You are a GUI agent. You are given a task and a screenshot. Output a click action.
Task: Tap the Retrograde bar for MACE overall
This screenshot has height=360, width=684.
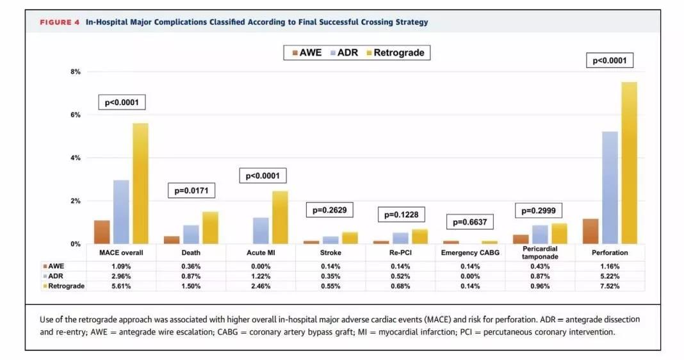(x=140, y=183)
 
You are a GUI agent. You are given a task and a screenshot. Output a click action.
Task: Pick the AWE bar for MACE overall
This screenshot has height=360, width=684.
(x=102, y=232)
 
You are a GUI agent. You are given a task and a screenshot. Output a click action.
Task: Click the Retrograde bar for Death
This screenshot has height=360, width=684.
(x=210, y=227)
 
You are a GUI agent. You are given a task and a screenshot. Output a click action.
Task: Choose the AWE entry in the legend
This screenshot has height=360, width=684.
(x=307, y=53)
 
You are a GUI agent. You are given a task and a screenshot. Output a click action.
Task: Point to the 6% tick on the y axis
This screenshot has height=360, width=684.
(x=76, y=115)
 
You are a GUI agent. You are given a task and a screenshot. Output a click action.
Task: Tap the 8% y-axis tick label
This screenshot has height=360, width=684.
(x=76, y=72)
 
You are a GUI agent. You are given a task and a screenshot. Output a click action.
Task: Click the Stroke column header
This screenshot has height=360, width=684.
(x=330, y=253)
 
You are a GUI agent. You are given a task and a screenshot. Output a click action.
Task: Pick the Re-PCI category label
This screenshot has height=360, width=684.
(x=400, y=253)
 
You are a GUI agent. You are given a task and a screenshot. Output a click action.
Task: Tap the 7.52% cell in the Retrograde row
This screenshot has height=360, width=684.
(x=610, y=286)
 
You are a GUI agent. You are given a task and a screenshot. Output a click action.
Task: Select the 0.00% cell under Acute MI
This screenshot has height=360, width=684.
(x=261, y=266)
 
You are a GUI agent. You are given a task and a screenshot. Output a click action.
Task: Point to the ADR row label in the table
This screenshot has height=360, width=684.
(x=56, y=276)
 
